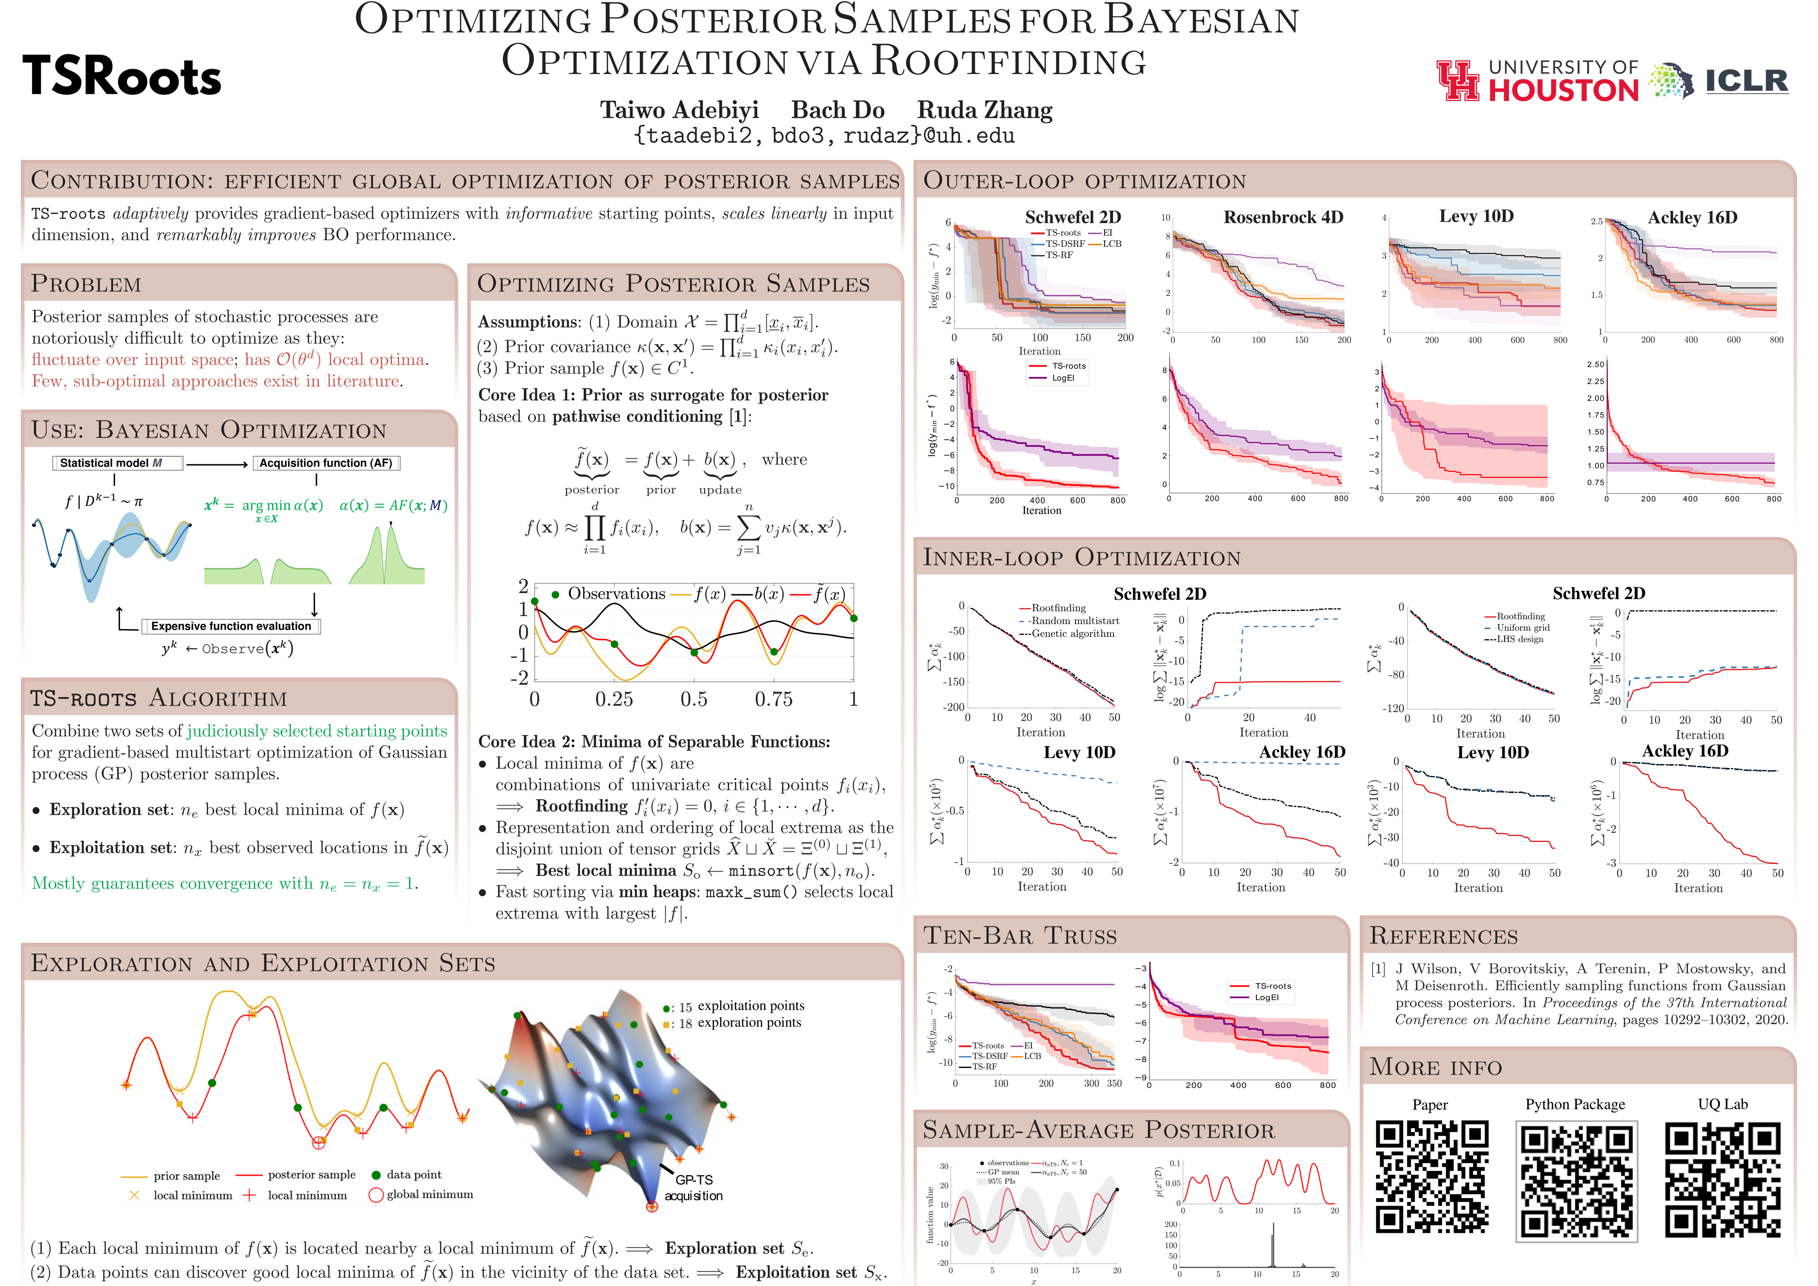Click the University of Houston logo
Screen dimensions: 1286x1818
1536,81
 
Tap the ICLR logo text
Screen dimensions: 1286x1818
1746,81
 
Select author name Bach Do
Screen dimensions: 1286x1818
837,110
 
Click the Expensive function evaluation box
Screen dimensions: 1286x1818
231,626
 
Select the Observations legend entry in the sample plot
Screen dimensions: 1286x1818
608,594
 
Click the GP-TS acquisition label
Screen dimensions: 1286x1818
694,1188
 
